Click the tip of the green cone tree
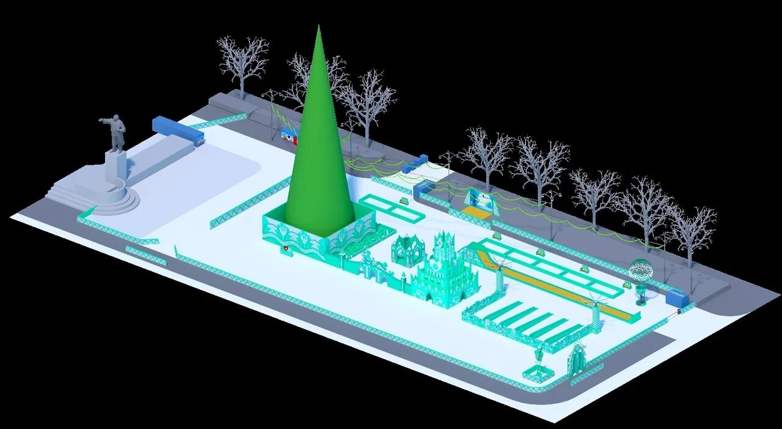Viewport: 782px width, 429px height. click(318, 28)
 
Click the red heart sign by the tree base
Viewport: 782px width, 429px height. click(285, 249)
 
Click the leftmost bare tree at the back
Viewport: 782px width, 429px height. click(242, 61)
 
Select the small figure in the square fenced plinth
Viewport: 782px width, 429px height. click(539, 361)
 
